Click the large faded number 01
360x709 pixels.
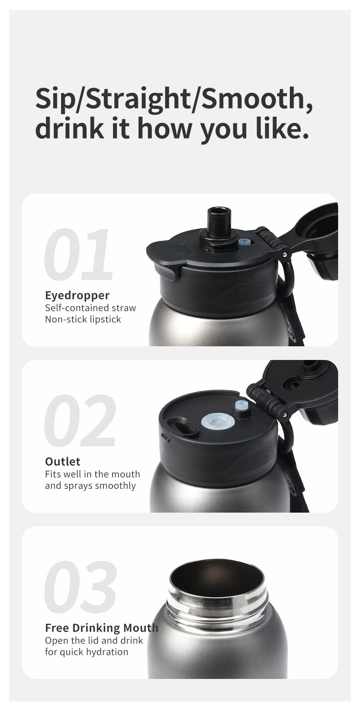pyautogui.click(x=78, y=254)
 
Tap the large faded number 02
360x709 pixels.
pyautogui.click(x=80, y=420)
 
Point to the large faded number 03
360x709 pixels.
pyautogui.click(x=80, y=586)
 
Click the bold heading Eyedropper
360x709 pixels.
pyautogui.click(x=77, y=296)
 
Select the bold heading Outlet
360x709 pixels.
pyautogui.click(x=63, y=461)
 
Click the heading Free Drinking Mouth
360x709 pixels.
pyautogui.click(x=102, y=627)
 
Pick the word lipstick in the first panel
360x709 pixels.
pyautogui.click(x=105, y=319)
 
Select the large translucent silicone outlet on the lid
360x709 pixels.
pyautogui.click(x=218, y=421)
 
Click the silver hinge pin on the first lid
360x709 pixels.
pyautogui.click(x=285, y=254)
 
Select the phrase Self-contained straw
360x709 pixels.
pyautogui.click(x=91, y=308)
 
